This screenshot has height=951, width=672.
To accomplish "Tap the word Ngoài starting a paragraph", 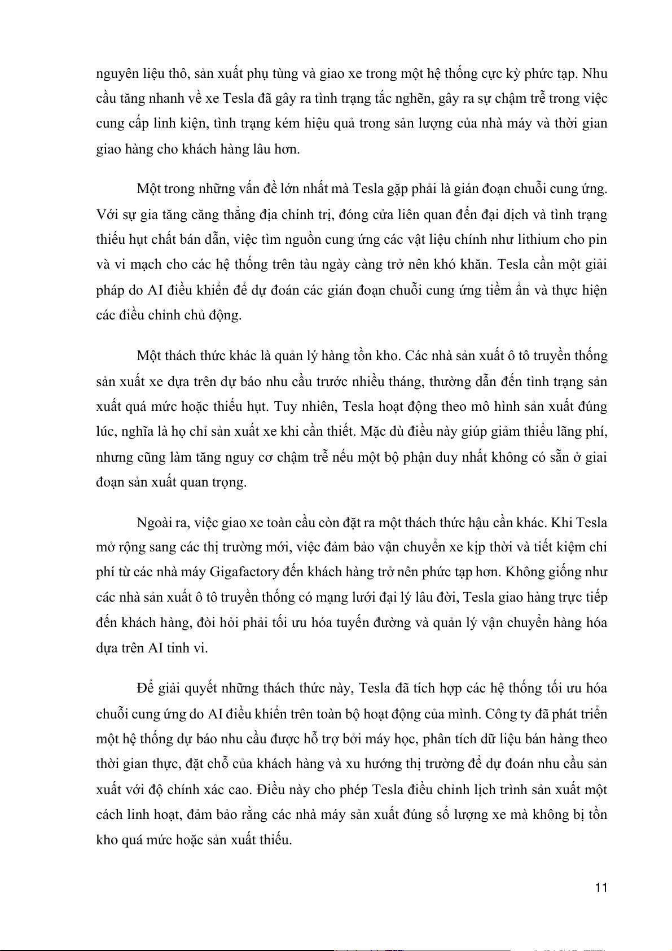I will (x=154, y=522).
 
